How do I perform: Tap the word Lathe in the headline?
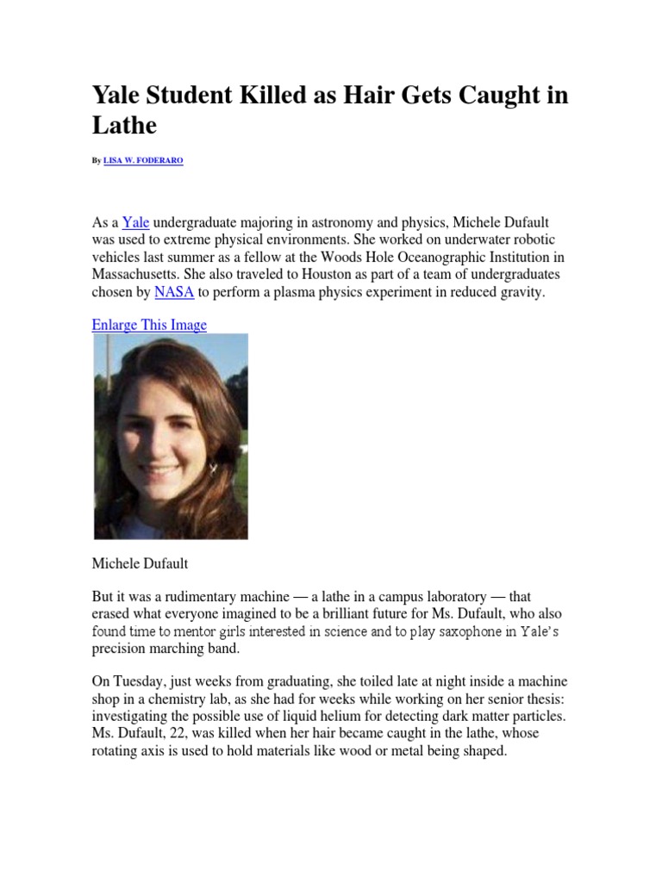(124, 126)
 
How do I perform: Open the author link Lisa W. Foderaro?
(143, 161)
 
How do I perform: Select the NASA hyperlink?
(174, 293)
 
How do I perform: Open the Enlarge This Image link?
(149, 325)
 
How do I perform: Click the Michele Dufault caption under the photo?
(140, 563)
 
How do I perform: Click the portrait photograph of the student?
(171, 437)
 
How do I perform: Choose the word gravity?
(520, 293)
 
